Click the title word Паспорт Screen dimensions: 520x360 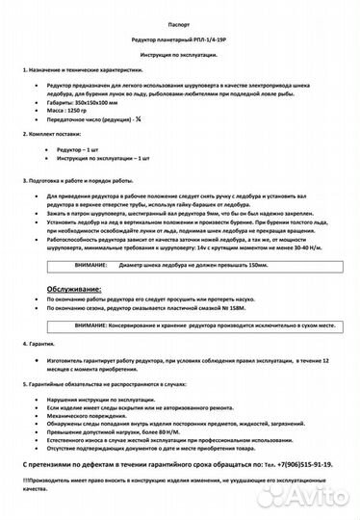(178, 20)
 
